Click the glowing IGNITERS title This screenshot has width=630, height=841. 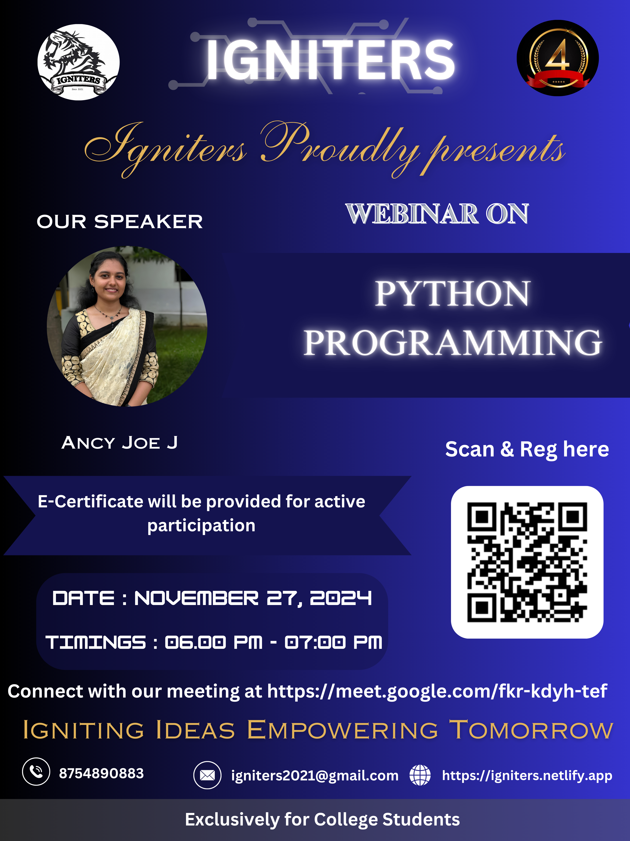(330, 60)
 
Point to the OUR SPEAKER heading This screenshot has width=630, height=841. (120, 222)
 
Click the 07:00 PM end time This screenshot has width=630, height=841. (333, 643)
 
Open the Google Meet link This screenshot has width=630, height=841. (437, 691)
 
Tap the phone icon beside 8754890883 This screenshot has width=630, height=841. (36, 771)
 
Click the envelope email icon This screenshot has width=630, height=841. (207, 775)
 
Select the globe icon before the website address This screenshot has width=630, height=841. (420, 775)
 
